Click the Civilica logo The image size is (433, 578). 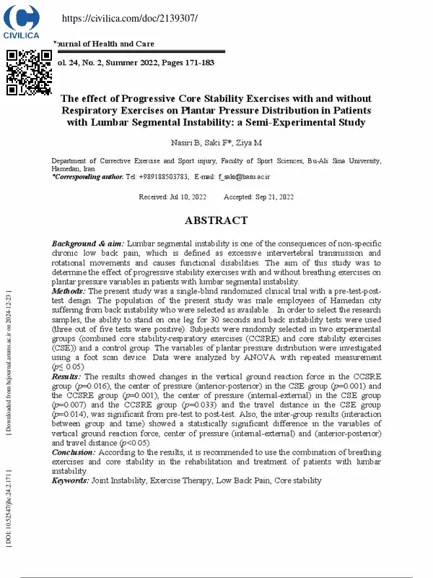[x=22, y=21]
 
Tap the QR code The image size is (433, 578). [x=29, y=72]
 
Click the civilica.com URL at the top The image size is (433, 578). [x=120, y=17]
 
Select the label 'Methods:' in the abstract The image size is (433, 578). [x=69, y=290]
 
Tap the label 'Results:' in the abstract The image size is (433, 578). [x=68, y=376]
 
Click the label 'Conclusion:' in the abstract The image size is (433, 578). [x=74, y=452]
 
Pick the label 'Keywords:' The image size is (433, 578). [x=71, y=480]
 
